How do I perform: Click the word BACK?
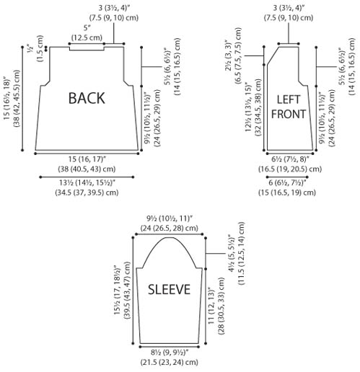coord(87,98)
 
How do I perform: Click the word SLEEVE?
coord(169,289)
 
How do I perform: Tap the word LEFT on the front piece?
coord(289,99)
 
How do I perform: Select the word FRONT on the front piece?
coord(289,114)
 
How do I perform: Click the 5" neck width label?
coord(87,28)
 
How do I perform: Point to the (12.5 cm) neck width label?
coord(87,37)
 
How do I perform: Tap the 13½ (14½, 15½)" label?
coord(87,183)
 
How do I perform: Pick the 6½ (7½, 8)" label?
coord(290,159)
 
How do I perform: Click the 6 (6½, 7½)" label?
coord(287,183)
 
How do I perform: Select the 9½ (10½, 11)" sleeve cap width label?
coord(170,218)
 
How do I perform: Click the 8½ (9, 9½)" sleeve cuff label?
coord(170,353)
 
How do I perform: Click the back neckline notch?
coord(87,50)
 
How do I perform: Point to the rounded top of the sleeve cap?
coord(170,238)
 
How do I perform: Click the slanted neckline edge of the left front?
coord(273,56)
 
